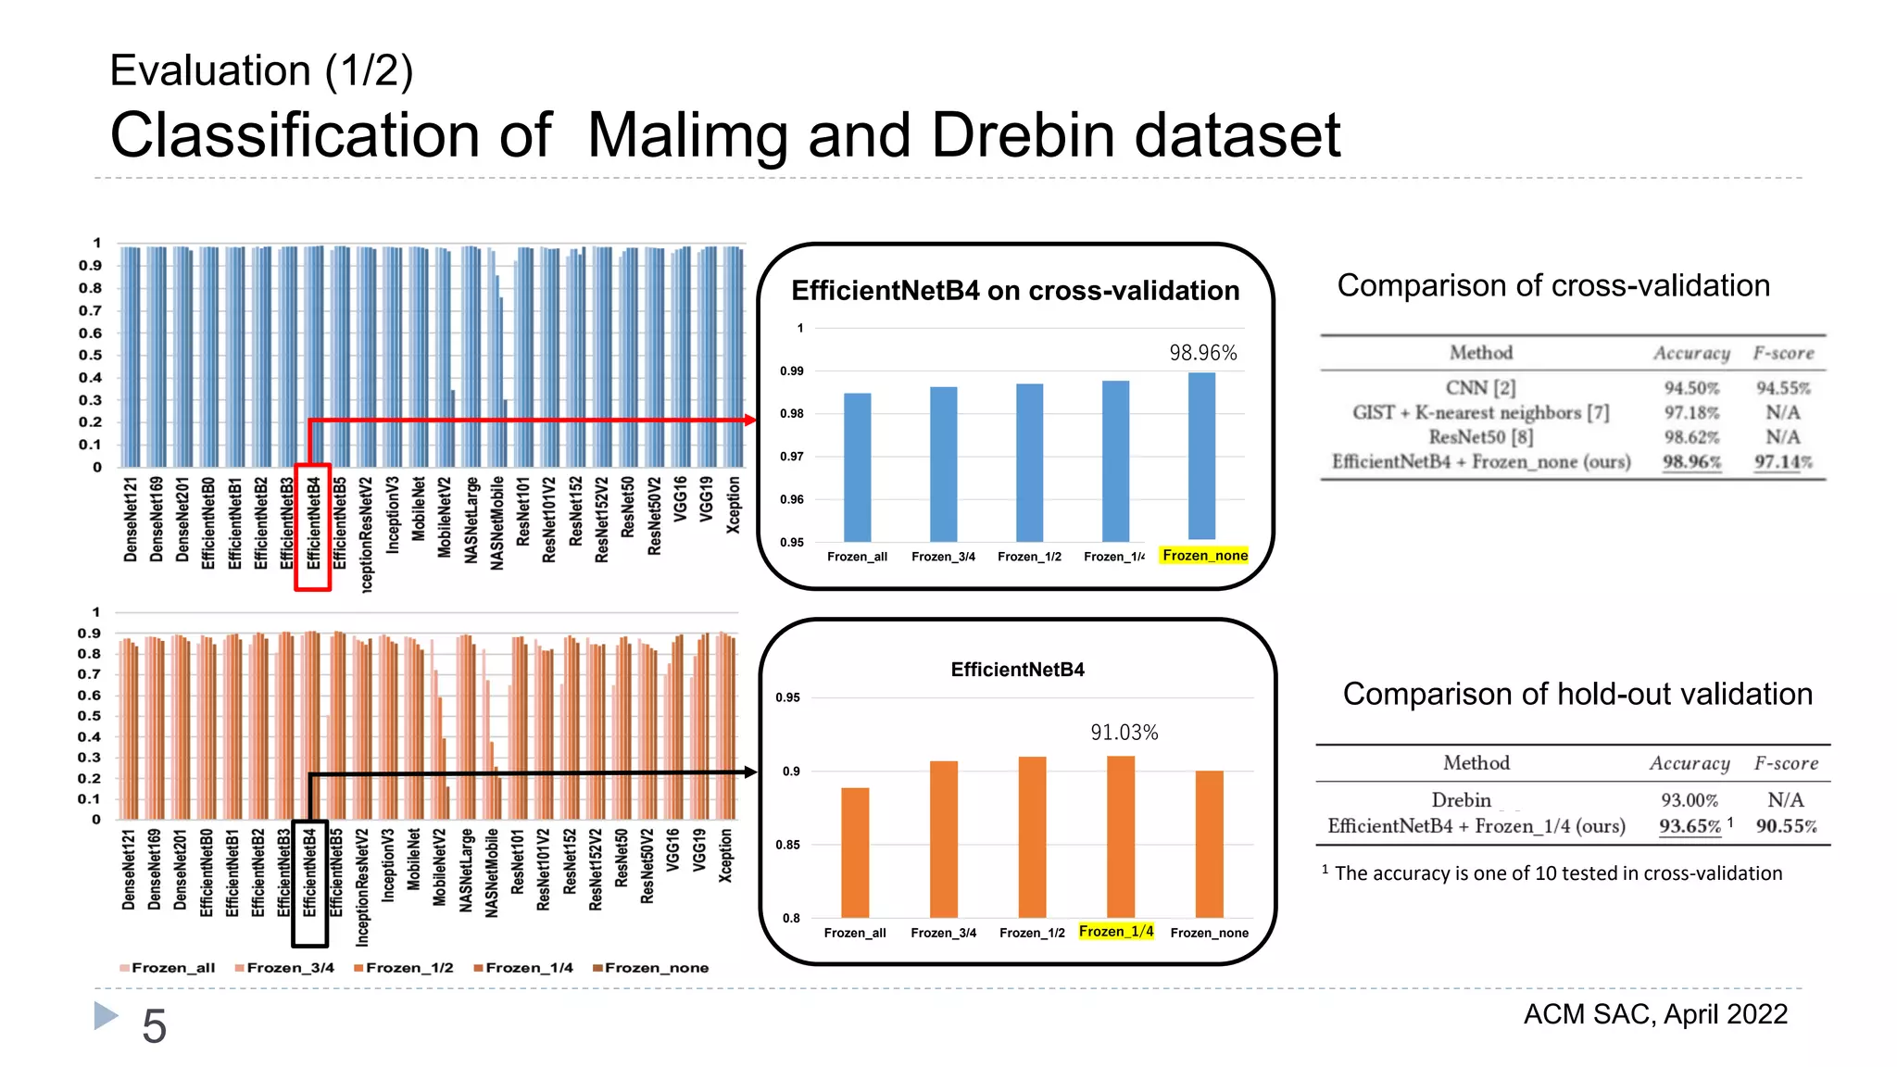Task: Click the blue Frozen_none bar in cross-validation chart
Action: click(x=1201, y=456)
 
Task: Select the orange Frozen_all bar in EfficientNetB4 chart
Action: click(x=855, y=852)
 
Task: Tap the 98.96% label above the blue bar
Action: click(x=1202, y=353)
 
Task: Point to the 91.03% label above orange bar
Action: click(x=1124, y=733)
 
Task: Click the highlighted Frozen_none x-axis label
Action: click(x=1204, y=556)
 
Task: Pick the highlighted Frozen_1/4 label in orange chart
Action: click(x=1116, y=931)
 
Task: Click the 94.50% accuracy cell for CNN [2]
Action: click(x=1690, y=388)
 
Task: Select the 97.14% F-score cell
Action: click(x=1782, y=461)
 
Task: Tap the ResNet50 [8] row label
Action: click(x=1480, y=437)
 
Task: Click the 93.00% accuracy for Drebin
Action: click(x=1689, y=800)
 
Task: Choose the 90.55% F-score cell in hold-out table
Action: click(x=1786, y=826)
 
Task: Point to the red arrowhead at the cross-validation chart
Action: click(x=750, y=421)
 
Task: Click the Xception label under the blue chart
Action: click(x=734, y=505)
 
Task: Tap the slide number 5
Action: click(x=154, y=1026)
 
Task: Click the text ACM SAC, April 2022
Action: click(x=1655, y=1014)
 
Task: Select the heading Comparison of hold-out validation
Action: click(x=1577, y=694)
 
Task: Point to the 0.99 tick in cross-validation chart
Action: click(x=791, y=371)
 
